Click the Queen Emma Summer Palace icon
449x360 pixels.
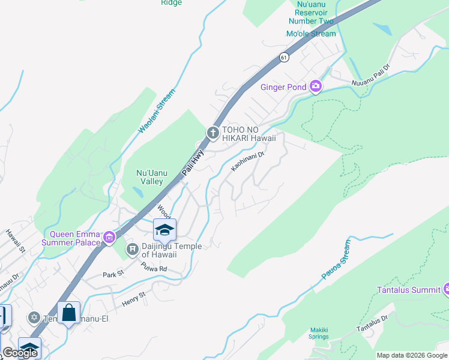tap(109, 238)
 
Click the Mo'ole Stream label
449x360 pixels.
tap(311, 34)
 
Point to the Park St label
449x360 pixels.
tap(112, 274)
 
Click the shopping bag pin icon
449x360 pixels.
tap(69, 313)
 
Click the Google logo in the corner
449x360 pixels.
tap(20, 353)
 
